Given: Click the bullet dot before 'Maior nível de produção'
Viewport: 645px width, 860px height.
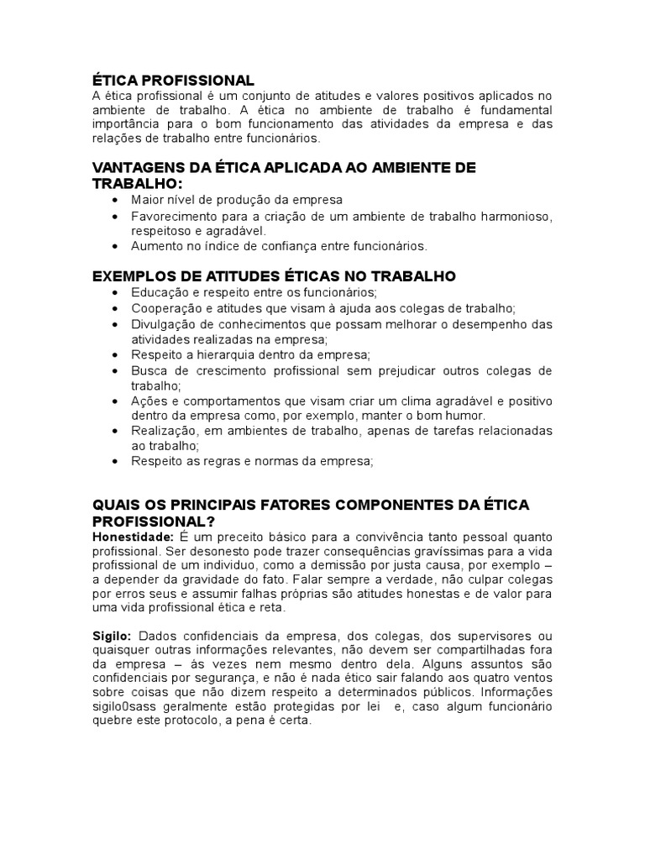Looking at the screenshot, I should (114, 201).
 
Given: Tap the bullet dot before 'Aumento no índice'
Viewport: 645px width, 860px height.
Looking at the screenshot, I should (114, 246).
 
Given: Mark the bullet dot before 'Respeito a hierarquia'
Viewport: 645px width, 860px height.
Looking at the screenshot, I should (114, 355).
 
